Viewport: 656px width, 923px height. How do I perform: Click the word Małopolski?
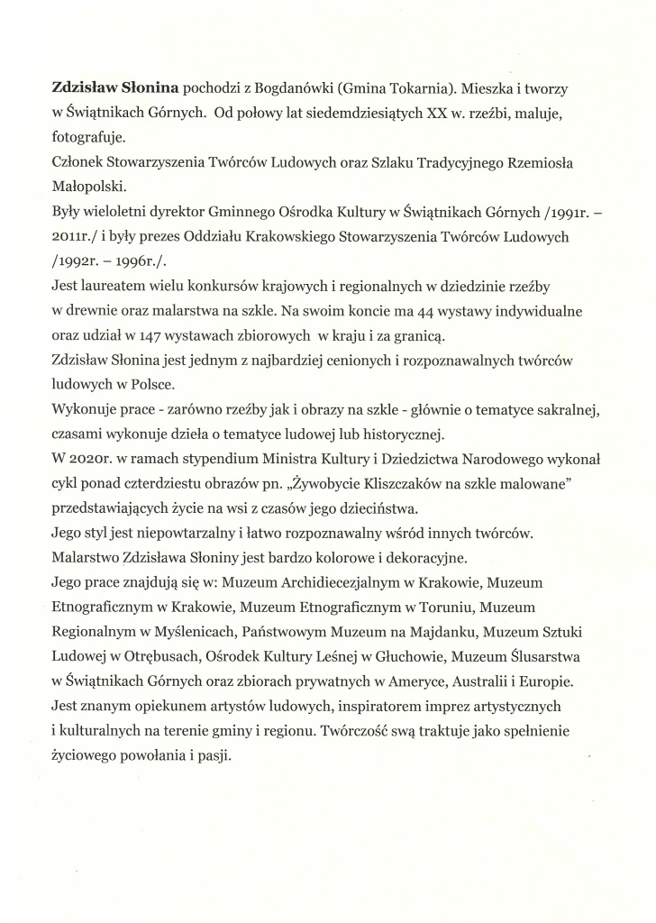[x=87, y=187]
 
